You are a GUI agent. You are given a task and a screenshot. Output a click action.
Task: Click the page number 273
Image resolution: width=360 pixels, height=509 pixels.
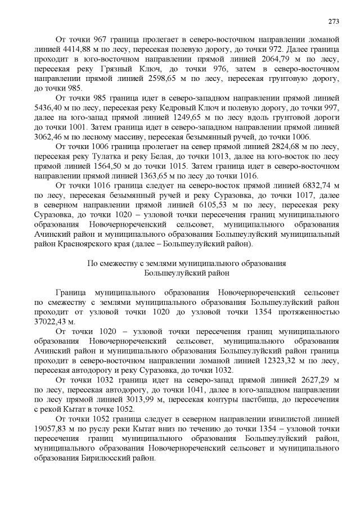pos(334,21)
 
